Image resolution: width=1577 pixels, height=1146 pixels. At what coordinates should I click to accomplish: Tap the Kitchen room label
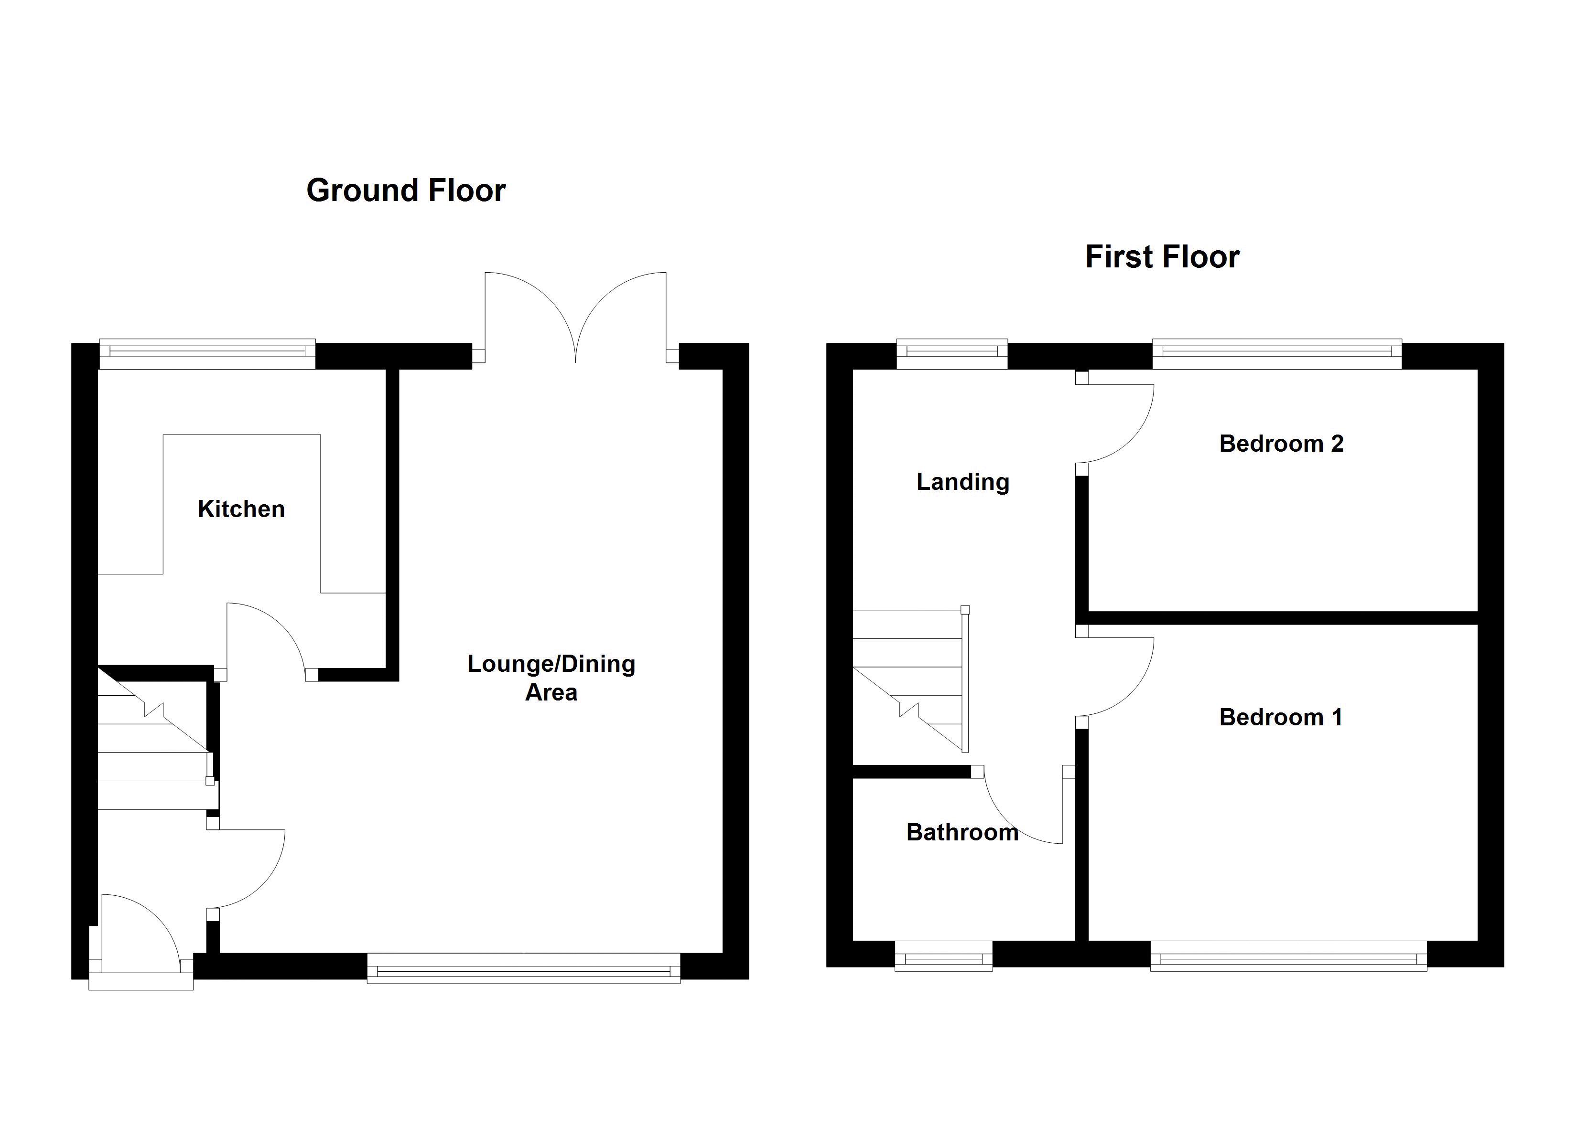241,509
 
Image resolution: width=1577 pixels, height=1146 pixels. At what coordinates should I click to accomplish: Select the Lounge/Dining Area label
551,678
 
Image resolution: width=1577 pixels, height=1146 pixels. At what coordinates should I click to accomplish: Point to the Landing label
962,482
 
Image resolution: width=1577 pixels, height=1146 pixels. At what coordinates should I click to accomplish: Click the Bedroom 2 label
1281,444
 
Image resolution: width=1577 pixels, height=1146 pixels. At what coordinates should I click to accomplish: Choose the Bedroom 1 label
1280,717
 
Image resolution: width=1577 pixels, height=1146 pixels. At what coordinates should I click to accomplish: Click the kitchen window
207,354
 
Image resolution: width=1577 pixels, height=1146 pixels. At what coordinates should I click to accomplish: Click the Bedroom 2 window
1276,354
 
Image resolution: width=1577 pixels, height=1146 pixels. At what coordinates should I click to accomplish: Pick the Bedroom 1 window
1288,955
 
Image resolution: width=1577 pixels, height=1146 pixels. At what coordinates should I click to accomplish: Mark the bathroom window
943,955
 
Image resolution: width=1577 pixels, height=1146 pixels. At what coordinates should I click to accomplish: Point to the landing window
952,354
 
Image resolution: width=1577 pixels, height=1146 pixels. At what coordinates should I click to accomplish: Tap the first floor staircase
907,681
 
